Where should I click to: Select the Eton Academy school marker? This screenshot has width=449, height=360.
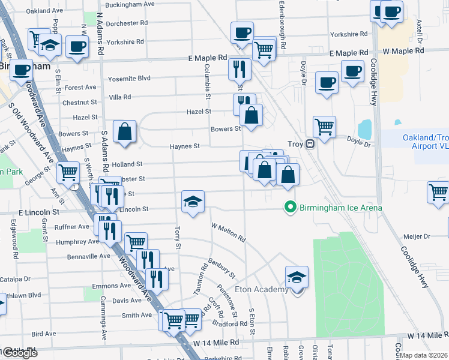297,278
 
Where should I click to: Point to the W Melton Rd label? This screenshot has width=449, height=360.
228,233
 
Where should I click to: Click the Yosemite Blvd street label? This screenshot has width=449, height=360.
129,79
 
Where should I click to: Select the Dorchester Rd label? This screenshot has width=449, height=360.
128,23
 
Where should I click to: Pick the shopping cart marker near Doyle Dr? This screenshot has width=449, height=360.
324,127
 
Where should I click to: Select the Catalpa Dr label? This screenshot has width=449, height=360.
14,279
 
